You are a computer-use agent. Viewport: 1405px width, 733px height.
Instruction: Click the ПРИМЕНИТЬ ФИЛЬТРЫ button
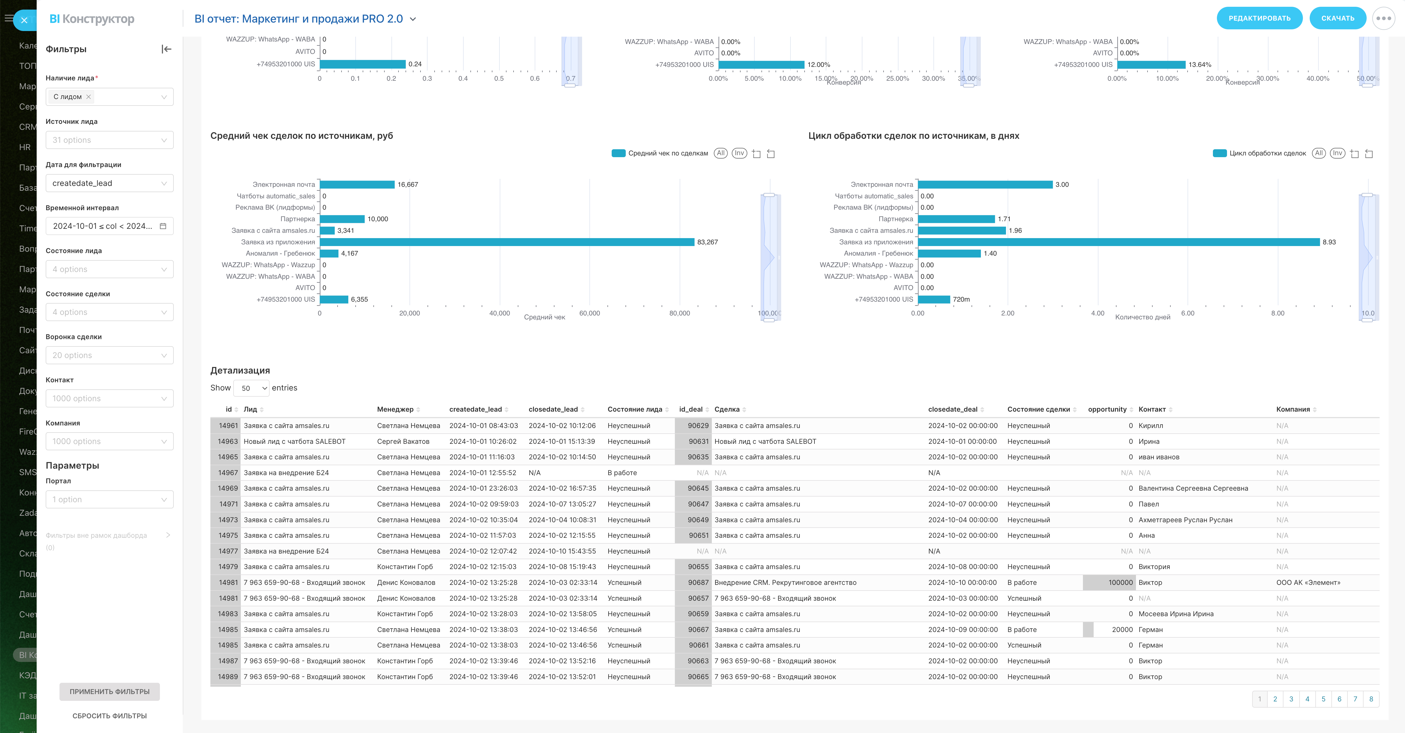[x=110, y=692]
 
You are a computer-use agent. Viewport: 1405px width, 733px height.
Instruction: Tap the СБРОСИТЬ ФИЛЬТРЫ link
[x=110, y=716]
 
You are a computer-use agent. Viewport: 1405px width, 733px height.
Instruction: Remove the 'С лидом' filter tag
[x=88, y=96]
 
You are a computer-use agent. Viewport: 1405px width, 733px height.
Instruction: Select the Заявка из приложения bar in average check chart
[x=507, y=242]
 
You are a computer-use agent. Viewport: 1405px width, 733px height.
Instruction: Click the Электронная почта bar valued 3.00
[x=985, y=185]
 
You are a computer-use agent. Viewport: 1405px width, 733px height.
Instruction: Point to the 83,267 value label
[x=707, y=242]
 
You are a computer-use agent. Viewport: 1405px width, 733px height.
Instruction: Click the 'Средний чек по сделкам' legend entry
[x=668, y=153]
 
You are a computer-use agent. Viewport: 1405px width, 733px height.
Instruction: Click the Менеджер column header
[x=395, y=409]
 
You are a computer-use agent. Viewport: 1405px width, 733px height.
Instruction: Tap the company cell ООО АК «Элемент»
[x=1308, y=582]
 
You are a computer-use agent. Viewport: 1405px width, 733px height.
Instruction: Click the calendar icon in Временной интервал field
[x=162, y=226]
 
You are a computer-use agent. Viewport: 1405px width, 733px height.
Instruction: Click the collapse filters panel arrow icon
[x=166, y=49]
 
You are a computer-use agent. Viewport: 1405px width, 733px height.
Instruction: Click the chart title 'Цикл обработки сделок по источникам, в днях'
[x=913, y=136]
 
